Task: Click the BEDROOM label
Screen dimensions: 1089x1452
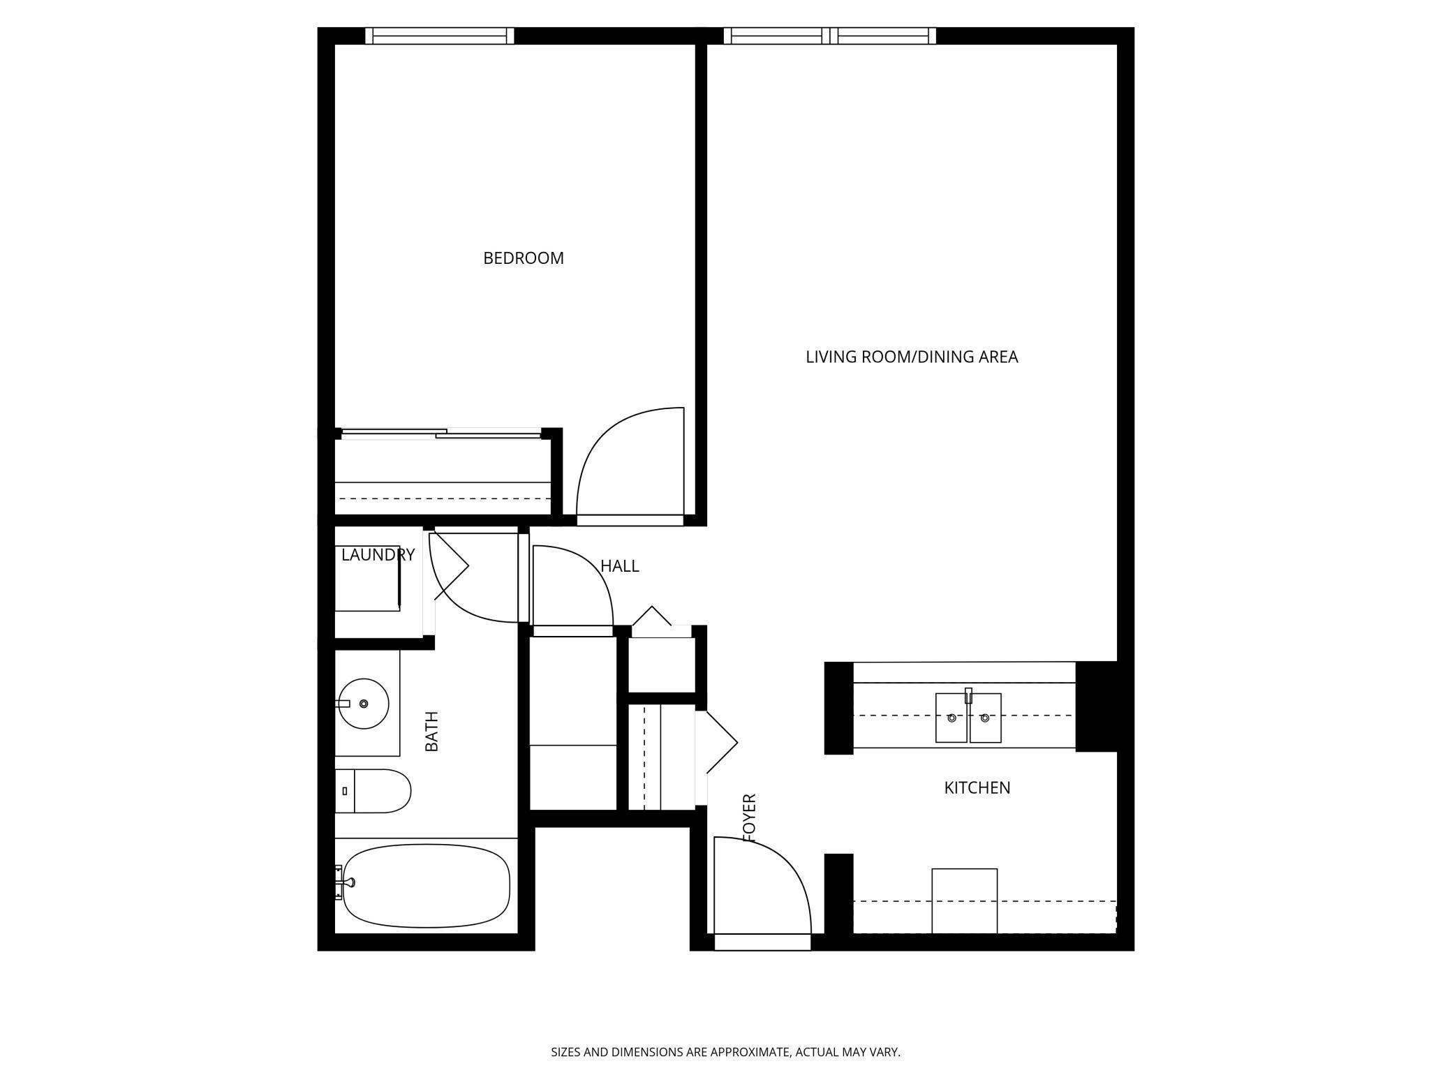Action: click(x=523, y=258)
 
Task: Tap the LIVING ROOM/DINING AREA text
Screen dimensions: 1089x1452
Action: click(x=911, y=357)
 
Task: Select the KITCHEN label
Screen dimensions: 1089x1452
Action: click(x=977, y=787)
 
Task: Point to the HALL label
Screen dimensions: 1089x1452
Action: click(x=619, y=566)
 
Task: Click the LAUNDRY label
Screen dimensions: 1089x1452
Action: click(x=378, y=555)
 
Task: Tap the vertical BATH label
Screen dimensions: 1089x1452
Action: click(x=432, y=731)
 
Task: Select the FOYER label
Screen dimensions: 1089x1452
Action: click(x=749, y=817)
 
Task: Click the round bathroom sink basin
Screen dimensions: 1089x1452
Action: click(x=363, y=704)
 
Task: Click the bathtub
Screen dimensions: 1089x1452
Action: click(x=427, y=886)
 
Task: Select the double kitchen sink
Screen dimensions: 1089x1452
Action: click(x=968, y=718)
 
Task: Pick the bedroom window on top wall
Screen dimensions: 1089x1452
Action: click(x=440, y=36)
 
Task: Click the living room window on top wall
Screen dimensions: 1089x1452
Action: click(x=829, y=36)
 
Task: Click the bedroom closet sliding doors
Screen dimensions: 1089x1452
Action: click(x=441, y=434)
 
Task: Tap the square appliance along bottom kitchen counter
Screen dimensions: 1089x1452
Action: click(x=964, y=901)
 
